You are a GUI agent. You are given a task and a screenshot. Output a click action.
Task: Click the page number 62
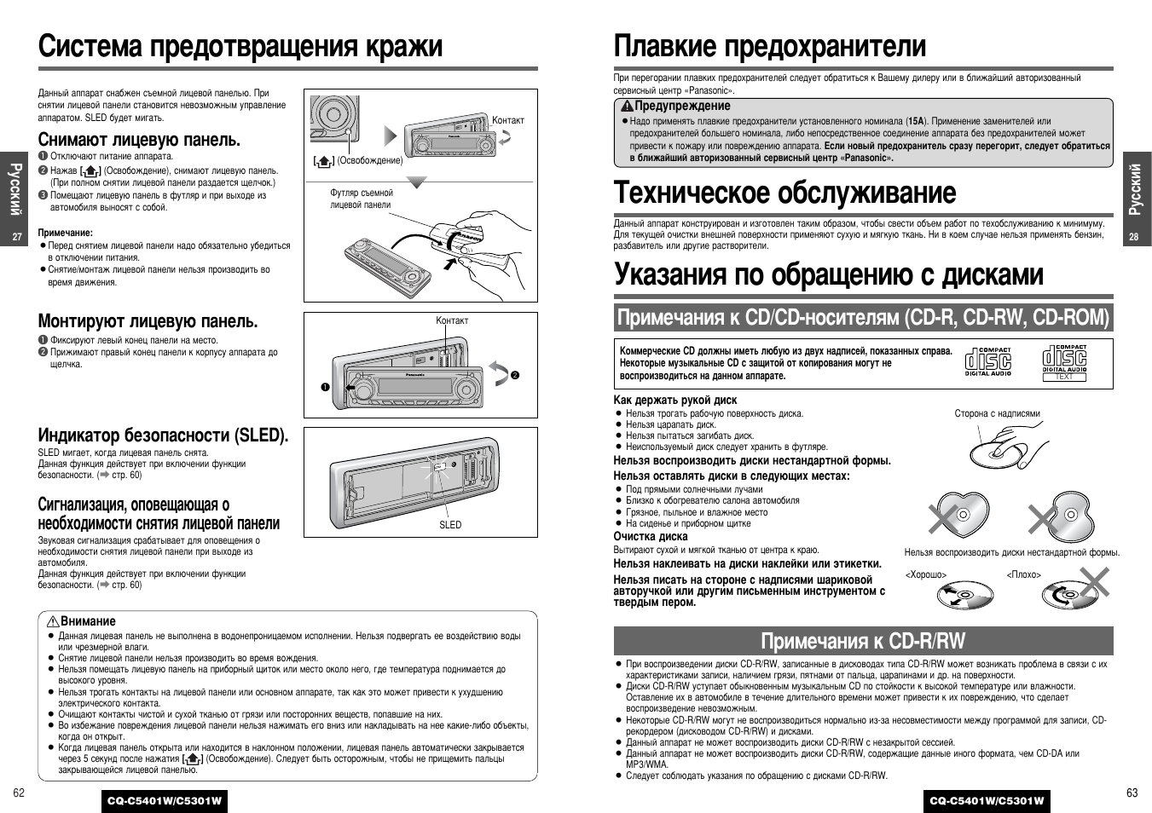coord(19,793)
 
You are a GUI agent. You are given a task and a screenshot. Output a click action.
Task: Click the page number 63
coord(1132,793)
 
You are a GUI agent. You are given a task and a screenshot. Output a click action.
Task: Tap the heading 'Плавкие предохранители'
coord(769,45)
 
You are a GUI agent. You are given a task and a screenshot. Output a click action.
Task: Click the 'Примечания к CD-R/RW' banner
coord(863,641)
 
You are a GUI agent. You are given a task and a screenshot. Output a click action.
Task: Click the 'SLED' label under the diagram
coord(450,525)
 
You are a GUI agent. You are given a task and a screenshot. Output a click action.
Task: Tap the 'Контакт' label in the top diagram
coord(508,120)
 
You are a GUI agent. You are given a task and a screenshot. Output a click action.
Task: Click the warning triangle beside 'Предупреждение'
coord(627,107)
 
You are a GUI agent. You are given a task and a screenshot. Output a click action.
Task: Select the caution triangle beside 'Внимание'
coord(52,621)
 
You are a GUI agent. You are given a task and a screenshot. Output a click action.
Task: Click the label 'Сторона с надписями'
coord(997,413)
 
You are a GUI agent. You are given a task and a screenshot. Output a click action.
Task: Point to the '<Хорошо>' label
coord(926,574)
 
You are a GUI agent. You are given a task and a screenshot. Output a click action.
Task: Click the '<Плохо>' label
coord(1024,574)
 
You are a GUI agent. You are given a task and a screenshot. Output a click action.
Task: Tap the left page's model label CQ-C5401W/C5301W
coord(165,801)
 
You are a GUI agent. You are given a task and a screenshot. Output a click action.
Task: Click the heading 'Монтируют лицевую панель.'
coord(148,321)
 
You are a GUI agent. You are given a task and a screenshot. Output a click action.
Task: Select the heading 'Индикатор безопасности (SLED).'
coord(163,435)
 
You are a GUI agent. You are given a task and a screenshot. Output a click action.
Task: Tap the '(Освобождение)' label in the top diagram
coord(369,160)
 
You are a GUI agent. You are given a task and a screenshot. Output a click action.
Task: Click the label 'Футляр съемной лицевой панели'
coord(362,199)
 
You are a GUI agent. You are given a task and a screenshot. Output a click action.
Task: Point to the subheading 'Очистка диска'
coord(650,536)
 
